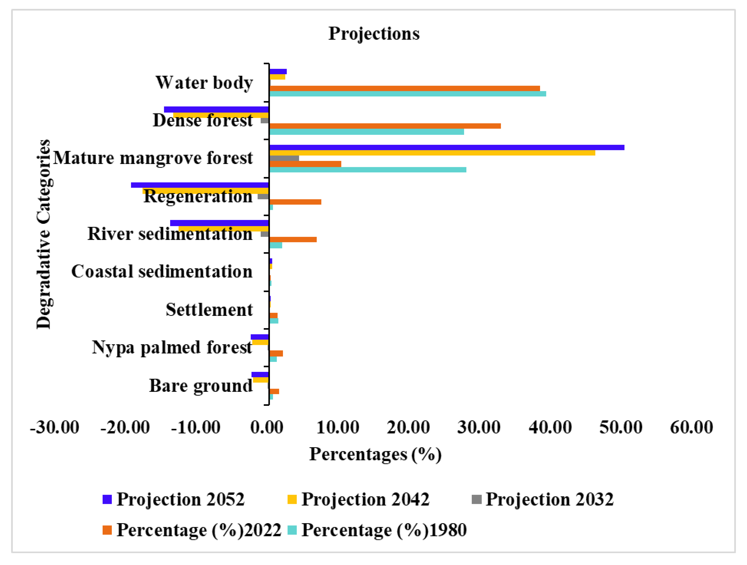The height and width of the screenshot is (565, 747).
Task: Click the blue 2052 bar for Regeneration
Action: pyautogui.click(x=200, y=185)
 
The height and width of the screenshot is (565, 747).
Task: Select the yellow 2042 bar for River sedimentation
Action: pyautogui.click(x=224, y=229)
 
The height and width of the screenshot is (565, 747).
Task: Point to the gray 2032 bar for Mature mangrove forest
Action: pyautogui.click(x=284, y=158)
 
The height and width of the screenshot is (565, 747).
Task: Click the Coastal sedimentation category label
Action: pyautogui.click(x=162, y=271)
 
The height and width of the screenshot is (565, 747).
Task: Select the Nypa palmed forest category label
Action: pyautogui.click(x=172, y=347)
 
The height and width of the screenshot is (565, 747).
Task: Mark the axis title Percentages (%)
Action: pyautogui.click(x=375, y=454)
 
